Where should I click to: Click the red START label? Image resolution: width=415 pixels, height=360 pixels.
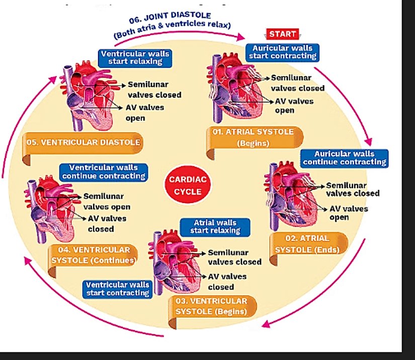pyautogui.click(x=283, y=34)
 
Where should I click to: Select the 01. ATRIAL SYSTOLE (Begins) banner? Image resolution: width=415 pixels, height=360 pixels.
pyautogui.click(x=255, y=137)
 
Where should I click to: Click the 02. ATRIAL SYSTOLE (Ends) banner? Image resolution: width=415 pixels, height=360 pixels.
pyautogui.click(x=307, y=244)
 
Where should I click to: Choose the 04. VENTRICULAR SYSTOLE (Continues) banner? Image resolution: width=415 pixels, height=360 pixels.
pyautogui.click(x=94, y=255)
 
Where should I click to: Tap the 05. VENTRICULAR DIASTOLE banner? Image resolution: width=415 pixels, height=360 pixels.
pyautogui.click(x=83, y=142)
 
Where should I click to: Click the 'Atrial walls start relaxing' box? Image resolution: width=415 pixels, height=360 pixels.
pyautogui.click(x=215, y=227)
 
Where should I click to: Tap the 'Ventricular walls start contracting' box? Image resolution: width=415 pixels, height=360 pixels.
pyautogui.click(x=117, y=289)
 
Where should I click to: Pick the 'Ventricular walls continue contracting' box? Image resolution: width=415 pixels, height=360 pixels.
pyautogui.click(x=103, y=172)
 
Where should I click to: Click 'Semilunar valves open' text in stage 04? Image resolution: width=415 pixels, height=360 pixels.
pyautogui.click(x=107, y=201)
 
